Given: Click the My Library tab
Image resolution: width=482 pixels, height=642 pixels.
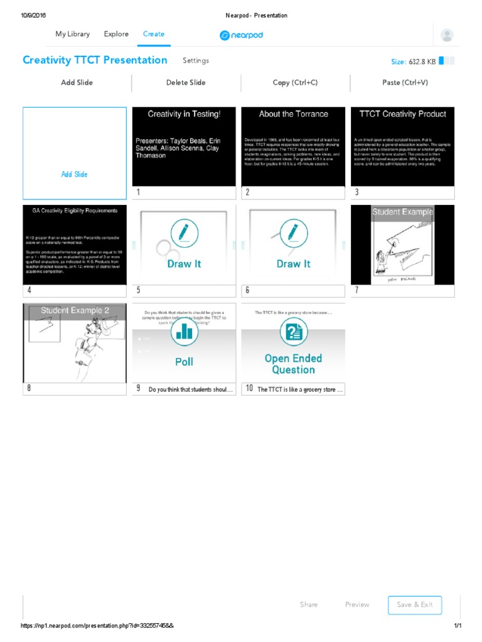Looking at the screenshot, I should (x=72, y=34).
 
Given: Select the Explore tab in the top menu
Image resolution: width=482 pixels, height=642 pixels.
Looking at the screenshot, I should (x=116, y=34).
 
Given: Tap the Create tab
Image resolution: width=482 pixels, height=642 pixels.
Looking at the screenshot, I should (x=154, y=34).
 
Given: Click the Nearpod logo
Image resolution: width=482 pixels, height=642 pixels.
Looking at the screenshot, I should (x=241, y=35).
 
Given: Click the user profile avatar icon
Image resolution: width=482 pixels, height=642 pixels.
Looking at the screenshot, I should (x=447, y=35).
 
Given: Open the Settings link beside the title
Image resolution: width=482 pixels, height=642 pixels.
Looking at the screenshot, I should (x=196, y=61).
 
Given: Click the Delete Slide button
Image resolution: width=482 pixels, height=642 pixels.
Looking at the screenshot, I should (x=186, y=83).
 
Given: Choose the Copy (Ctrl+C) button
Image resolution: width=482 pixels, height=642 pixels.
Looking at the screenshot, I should (x=295, y=83).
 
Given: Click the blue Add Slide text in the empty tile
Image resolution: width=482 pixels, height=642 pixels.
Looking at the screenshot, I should (x=74, y=174).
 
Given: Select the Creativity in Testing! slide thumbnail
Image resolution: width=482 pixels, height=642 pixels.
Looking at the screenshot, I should (x=184, y=146).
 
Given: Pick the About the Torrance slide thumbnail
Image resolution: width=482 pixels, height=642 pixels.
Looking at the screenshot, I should (x=293, y=146).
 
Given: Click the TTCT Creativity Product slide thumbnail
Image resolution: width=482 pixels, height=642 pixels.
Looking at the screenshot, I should (x=402, y=146).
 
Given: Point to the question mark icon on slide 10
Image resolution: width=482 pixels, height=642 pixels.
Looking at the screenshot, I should (x=293, y=332).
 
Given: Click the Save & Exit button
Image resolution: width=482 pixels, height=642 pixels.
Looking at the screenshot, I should (x=415, y=604).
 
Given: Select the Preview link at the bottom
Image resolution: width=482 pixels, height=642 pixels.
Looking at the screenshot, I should (x=357, y=604).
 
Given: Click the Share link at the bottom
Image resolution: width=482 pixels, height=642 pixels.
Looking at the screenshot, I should (x=309, y=604).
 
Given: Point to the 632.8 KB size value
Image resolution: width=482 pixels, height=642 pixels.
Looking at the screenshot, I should (x=422, y=61).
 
